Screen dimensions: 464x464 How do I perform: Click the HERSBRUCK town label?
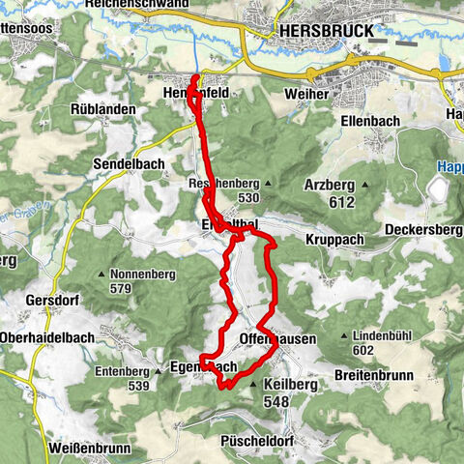click(327, 32)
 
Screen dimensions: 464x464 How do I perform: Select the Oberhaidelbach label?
click(49, 336)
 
